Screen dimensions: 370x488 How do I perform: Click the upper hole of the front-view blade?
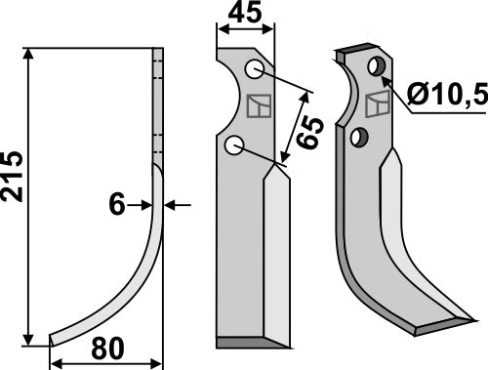tap(253, 69)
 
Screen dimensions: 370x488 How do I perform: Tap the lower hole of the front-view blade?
tap(233, 144)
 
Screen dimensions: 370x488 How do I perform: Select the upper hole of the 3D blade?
tap(374, 65)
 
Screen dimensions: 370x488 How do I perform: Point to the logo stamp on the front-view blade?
tap(258, 103)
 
